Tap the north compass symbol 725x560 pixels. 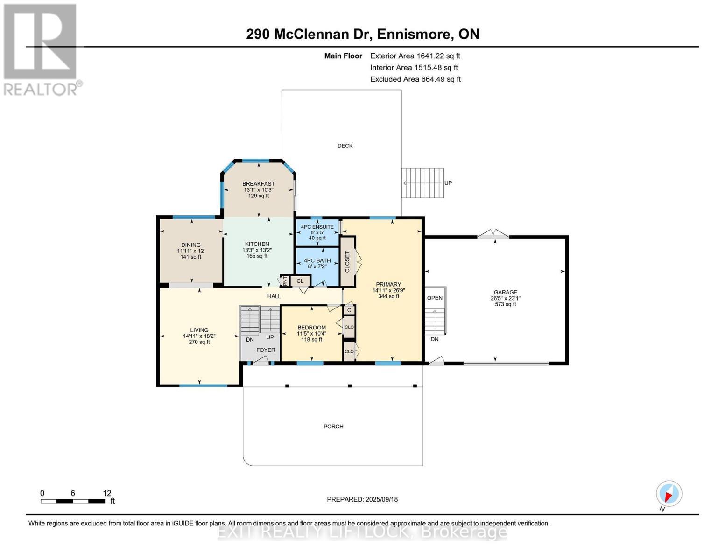click(x=669, y=494)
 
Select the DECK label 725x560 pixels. click(x=345, y=146)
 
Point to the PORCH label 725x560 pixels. click(x=333, y=427)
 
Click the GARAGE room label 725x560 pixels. click(x=506, y=292)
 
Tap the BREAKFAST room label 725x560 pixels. click(x=259, y=184)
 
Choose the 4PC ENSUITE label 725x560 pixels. click(x=317, y=227)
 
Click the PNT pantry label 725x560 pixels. click(x=285, y=281)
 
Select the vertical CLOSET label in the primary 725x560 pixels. click(x=347, y=261)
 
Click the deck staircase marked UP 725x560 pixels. click(x=422, y=183)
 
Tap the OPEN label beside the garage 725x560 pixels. click(x=435, y=298)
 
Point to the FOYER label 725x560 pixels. click(x=266, y=350)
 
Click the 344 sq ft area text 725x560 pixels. click(x=389, y=296)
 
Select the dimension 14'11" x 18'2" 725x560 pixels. click(x=199, y=336)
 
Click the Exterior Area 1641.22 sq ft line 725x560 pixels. click(x=415, y=56)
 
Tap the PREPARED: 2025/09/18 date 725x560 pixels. click(x=362, y=499)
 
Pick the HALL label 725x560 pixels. click(x=274, y=296)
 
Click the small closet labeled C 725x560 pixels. click(x=349, y=310)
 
